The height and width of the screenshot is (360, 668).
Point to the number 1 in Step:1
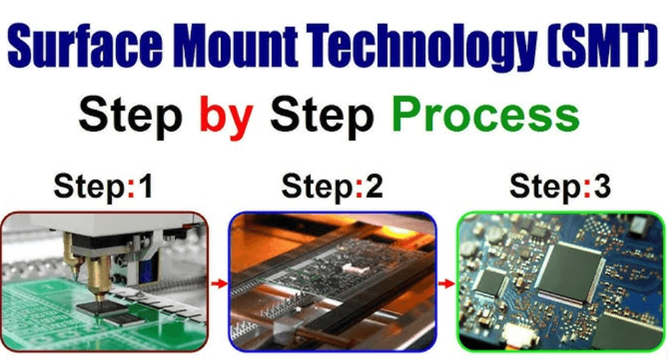145,186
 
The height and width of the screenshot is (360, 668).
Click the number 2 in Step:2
374,186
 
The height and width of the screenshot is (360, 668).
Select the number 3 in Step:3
603,186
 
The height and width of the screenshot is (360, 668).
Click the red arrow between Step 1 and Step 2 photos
219,283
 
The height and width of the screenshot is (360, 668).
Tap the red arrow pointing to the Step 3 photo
447,283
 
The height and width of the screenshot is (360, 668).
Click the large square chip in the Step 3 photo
570,271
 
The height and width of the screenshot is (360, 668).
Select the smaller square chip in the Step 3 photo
491,281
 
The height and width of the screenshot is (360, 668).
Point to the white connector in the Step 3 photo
520,333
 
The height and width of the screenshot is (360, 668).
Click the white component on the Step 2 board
353,267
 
